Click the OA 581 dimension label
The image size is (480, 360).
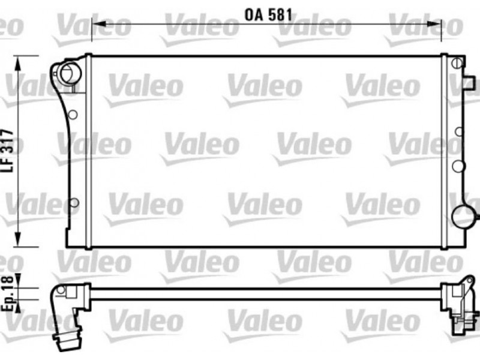pos(268,15)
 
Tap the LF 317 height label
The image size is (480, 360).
pos(8,151)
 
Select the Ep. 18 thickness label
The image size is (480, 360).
pos(8,293)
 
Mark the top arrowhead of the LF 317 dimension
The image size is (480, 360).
pos(19,64)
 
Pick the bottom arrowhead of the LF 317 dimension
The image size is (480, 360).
pos(19,239)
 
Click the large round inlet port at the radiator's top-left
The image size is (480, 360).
pos(71,73)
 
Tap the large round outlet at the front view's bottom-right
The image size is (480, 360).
pos(464,217)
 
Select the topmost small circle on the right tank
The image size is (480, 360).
pos(457,64)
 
